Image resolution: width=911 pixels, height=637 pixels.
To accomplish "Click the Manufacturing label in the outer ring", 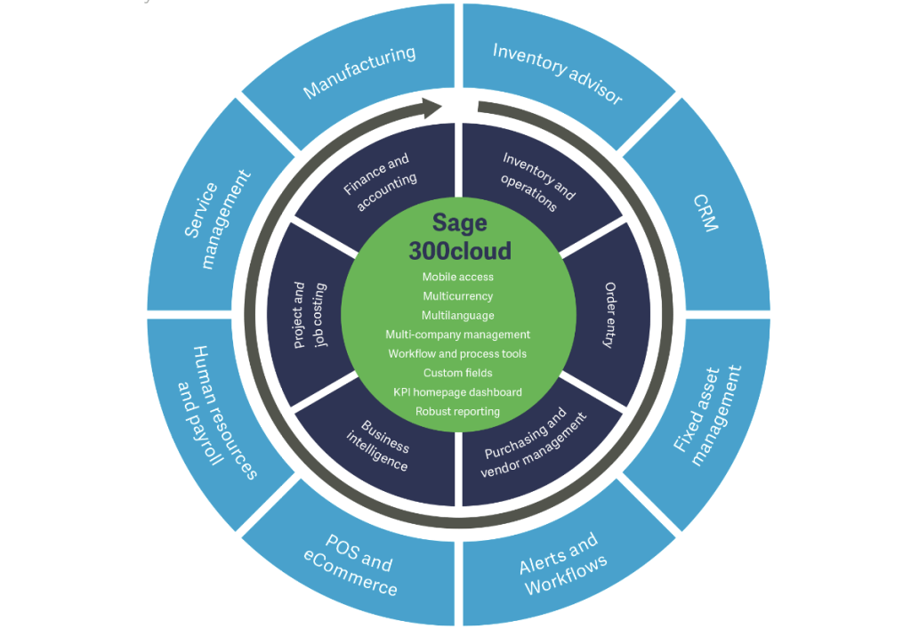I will click(x=359, y=71).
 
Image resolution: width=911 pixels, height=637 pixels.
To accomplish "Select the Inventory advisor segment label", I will click(x=558, y=72).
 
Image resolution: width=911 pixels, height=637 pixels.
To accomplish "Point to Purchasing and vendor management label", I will click(x=534, y=444).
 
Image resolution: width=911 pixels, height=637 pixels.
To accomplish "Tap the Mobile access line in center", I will click(x=458, y=277).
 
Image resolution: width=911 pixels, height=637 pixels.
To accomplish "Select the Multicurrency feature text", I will click(x=458, y=296).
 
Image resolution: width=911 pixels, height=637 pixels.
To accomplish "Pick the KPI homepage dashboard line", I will click(x=458, y=392).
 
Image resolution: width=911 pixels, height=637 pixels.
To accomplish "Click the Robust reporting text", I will click(x=458, y=412).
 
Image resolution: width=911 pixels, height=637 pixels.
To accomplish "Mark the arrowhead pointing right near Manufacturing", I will click(x=431, y=109).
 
